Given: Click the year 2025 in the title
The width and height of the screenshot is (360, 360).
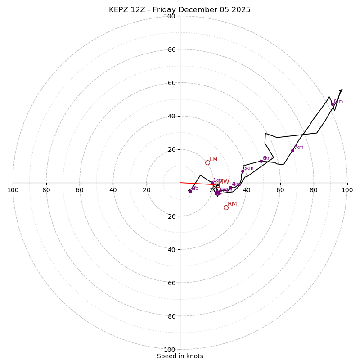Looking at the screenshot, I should (x=241, y=10).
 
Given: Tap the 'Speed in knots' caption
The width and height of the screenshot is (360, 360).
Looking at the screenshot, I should (x=180, y=356).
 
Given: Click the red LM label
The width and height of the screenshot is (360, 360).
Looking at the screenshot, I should (x=213, y=159).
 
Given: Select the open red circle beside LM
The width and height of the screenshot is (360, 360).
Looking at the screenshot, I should (x=207, y=162).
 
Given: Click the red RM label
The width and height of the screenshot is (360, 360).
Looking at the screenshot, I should (x=232, y=204).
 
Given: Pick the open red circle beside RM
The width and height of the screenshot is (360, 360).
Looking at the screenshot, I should (x=226, y=207).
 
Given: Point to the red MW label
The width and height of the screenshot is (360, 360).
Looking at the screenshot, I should (x=224, y=182).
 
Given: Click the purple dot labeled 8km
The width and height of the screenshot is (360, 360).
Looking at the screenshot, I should (x=333, y=104).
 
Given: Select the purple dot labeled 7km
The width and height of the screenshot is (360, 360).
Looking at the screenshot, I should (x=292, y=150).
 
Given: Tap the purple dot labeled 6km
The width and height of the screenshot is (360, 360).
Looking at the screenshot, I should (x=261, y=161).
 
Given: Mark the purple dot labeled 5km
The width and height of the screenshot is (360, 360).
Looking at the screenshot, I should (x=243, y=171).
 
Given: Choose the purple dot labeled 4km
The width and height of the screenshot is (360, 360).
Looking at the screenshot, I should (x=230, y=187).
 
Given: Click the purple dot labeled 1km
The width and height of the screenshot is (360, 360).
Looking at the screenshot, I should (x=212, y=183).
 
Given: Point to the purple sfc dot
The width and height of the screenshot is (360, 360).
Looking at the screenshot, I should (x=190, y=191).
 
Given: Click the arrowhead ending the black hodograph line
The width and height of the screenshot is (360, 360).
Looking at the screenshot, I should (x=341, y=90).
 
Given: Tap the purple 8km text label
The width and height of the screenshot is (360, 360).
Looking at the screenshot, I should (x=338, y=102).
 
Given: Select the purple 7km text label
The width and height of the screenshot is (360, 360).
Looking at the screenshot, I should (x=299, y=148).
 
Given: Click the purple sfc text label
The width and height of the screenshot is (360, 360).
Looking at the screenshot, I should (x=195, y=189).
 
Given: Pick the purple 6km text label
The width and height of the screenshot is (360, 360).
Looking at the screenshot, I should (x=267, y=158).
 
